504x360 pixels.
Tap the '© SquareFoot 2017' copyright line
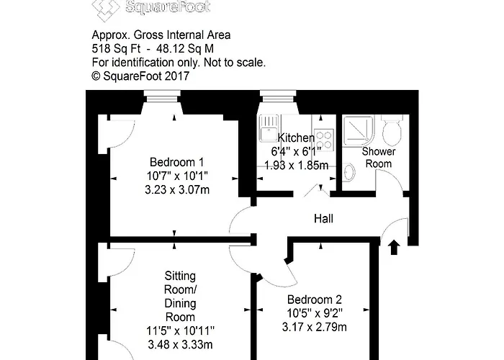point(140,76)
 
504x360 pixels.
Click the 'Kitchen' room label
point(296,138)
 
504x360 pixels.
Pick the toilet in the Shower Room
point(392,132)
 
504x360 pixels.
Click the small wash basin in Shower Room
point(349,173)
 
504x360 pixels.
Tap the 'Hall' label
point(323,218)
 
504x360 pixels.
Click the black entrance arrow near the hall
point(393,248)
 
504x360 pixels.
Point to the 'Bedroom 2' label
point(314,300)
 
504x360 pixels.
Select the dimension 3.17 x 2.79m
point(314,328)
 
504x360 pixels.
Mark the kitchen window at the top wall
point(274,94)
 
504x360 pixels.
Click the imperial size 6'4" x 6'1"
point(296,152)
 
